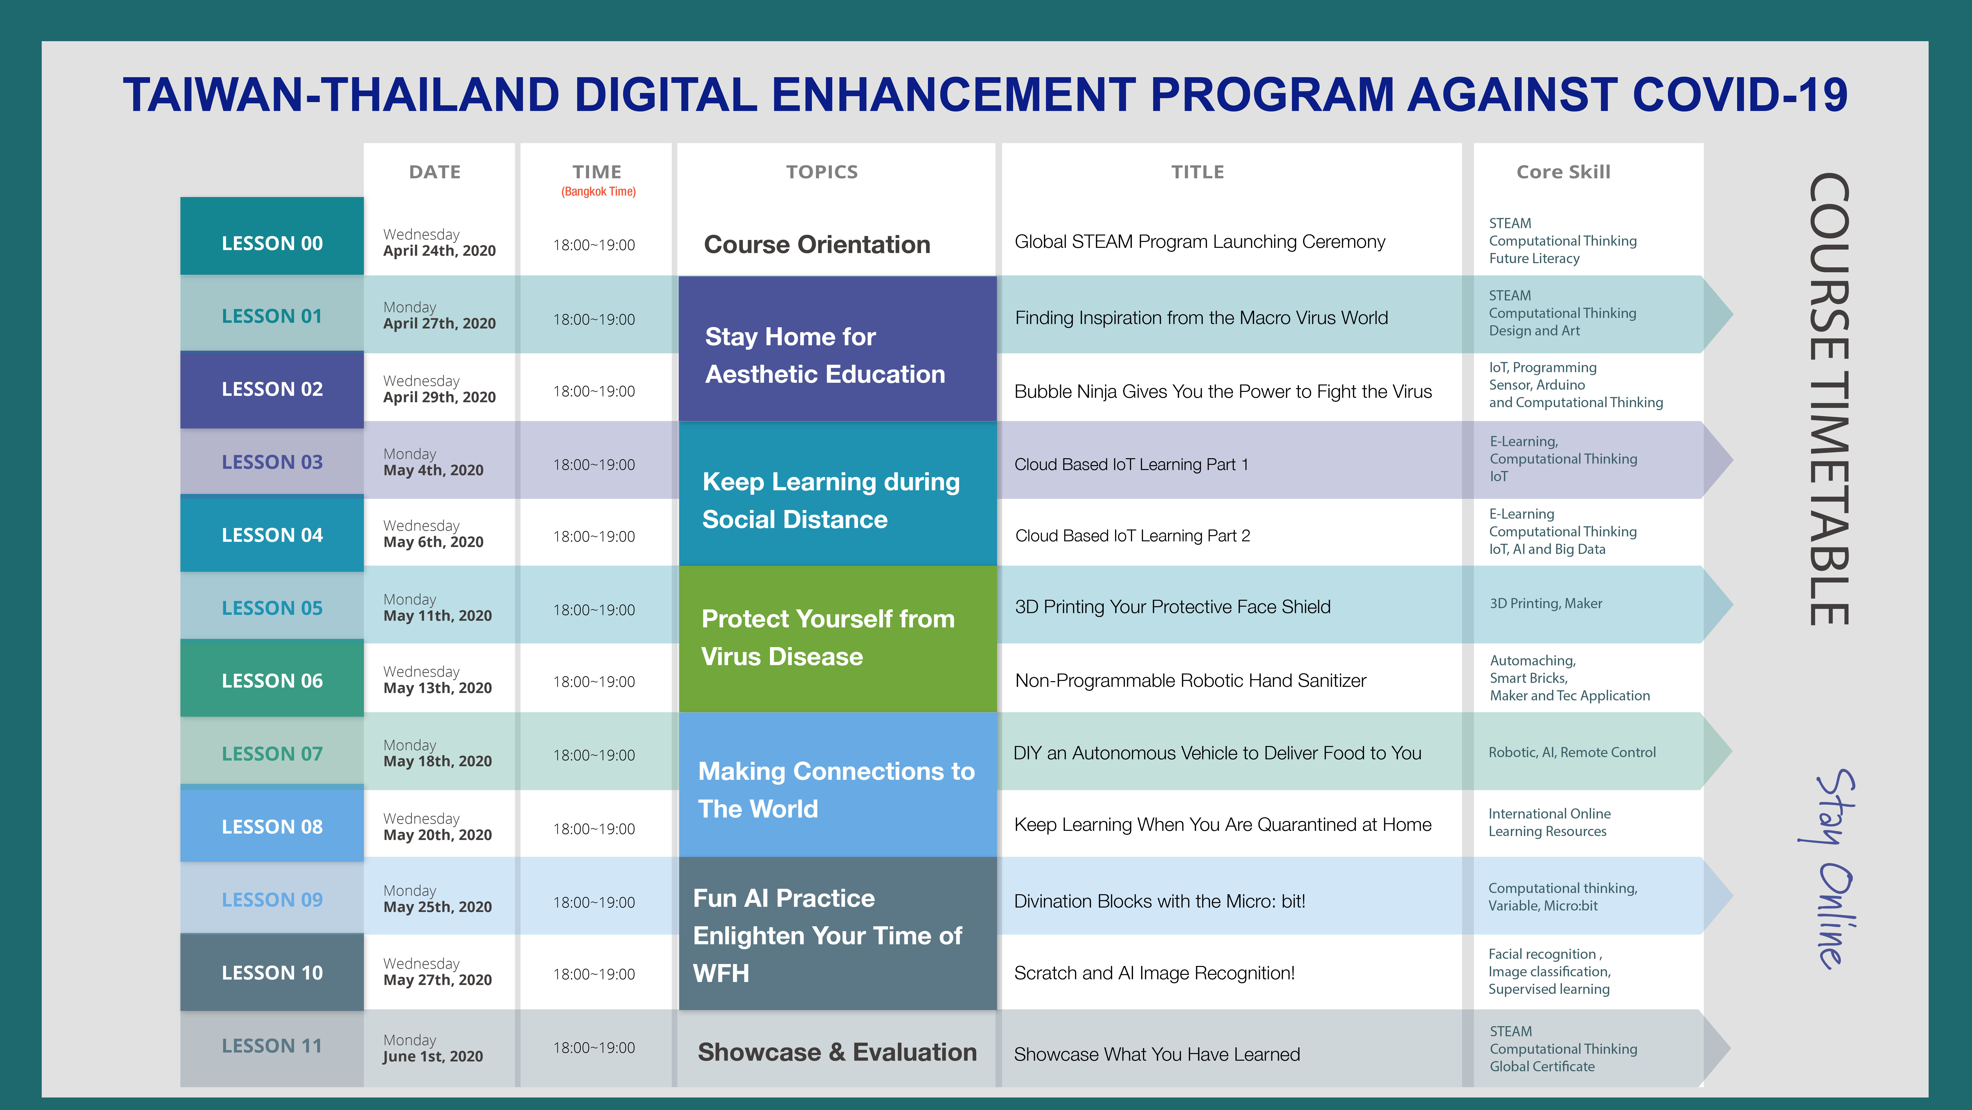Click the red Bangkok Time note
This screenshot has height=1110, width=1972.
tap(598, 192)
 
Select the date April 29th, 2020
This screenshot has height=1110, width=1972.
tap(439, 397)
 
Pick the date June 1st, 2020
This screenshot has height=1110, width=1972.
tap(433, 1056)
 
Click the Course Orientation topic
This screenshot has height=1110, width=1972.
tap(817, 244)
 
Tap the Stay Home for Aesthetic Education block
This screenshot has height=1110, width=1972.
tap(838, 348)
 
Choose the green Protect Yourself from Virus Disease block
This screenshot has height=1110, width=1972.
tap(838, 639)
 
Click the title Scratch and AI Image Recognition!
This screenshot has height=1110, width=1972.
tap(1154, 973)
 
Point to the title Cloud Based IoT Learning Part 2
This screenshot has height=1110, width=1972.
tap(1132, 535)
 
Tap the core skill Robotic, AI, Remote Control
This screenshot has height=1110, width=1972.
tap(1572, 752)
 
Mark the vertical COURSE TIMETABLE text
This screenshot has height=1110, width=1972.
tap(1830, 398)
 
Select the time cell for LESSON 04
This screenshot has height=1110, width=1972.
tap(594, 536)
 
